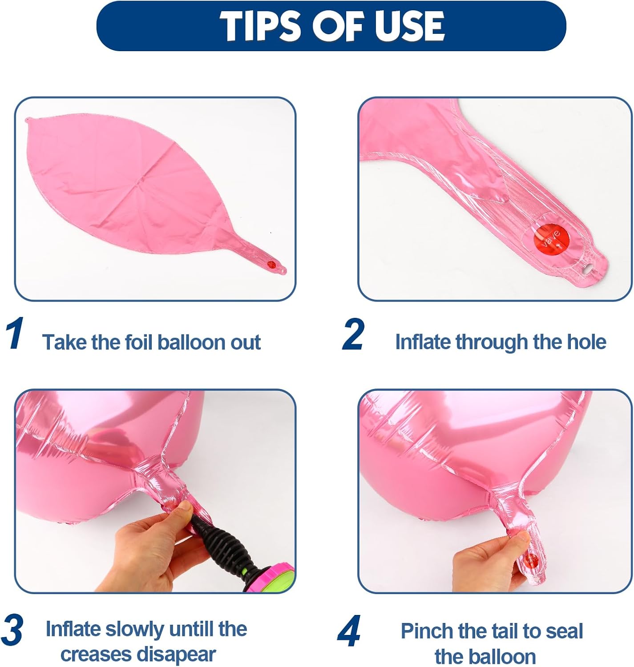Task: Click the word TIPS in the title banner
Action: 260,26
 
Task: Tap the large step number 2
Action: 354,334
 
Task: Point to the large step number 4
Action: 349,631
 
